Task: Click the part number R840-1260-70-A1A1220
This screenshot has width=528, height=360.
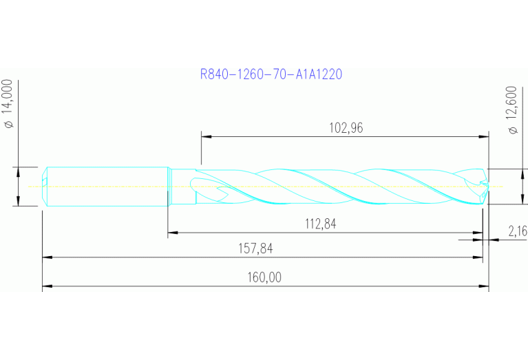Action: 271,74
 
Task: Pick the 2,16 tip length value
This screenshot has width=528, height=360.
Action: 517,231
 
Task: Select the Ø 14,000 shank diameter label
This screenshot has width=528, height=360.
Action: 9,104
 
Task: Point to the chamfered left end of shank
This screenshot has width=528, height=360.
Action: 45,186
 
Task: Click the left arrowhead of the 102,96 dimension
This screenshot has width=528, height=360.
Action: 205,136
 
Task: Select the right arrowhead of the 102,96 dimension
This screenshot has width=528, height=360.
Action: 485,136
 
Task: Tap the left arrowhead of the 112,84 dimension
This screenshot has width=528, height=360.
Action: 173,233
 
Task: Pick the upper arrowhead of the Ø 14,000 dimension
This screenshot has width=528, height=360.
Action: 17,170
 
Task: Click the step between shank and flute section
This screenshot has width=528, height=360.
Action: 169,186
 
